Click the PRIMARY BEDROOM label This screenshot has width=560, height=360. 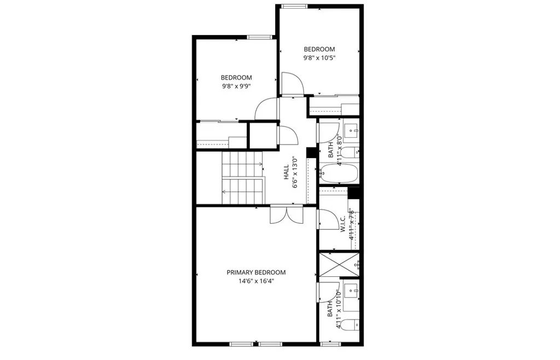click(256, 272)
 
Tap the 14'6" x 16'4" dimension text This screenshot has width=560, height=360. click(256, 281)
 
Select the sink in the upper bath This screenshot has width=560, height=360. click(352, 130)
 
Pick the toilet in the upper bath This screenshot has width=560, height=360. click(353, 151)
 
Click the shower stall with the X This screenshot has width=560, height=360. click(339, 265)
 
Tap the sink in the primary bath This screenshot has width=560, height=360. click(352, 290)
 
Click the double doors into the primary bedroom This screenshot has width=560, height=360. click(287, 214)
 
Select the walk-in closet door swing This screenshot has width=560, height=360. click(327, 219)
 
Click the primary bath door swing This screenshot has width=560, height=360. click(327, 292)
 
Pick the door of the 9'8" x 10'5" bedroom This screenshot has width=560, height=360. click(292, 84)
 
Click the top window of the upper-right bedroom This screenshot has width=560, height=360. click(294, 6)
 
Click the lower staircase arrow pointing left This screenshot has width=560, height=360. click(225, 191)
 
